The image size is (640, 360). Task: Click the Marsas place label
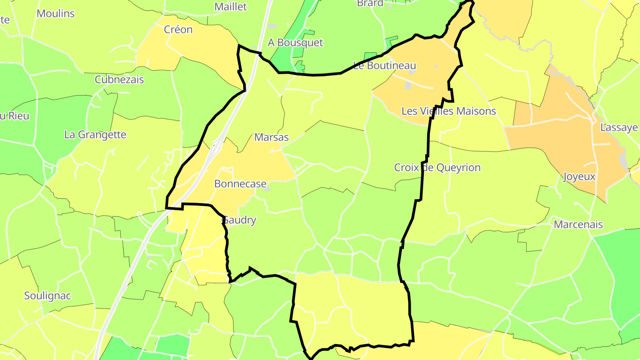click(271, 137)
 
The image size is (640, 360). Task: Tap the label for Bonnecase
click(240, 184)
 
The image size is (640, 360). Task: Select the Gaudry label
click(239, 220)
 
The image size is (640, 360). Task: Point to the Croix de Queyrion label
click(437, 168)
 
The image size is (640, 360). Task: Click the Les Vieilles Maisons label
click(448, 111)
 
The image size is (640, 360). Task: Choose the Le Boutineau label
click(385, 66)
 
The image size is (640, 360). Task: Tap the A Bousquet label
click(295, 43)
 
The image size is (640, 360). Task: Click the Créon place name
click(178, 30)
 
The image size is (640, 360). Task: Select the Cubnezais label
click(119, 80)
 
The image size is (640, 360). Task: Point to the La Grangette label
click(95, 135)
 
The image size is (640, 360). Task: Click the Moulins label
click(56, 13)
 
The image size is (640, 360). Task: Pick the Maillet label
click(230, 7)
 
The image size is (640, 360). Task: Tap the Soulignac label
click(48, 296)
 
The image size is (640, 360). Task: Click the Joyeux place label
click(579, 176)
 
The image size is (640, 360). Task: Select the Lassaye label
click(619, 128)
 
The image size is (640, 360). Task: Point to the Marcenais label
click(578, 224)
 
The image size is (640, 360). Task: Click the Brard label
click(370, 4)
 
